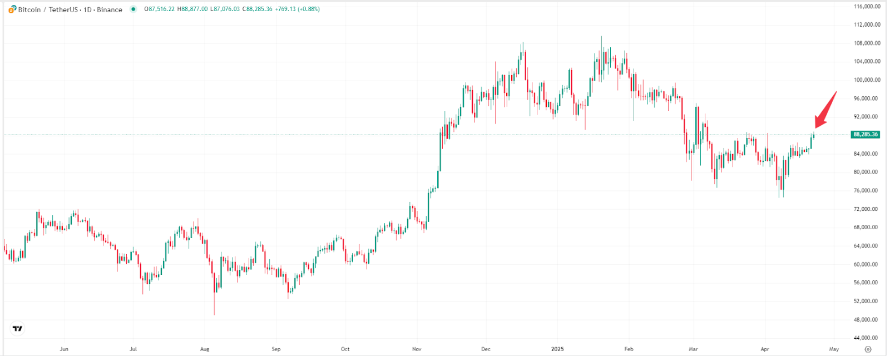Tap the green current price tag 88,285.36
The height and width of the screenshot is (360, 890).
coord(865,135)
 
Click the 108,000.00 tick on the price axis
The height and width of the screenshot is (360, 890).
coord(867,43)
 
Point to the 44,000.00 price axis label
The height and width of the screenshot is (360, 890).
coord(867,338)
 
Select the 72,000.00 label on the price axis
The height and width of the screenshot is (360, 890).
coord(867,209)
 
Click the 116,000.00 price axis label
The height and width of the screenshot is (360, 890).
coord(867,7)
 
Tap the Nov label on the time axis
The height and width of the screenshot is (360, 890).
coord(417,349)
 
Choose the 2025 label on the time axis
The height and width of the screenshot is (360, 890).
coord(557,349)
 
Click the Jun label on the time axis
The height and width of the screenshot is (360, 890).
coord(64,349)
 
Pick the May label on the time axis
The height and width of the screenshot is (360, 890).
coord(834,349)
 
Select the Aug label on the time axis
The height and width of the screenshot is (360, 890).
coord(205,349)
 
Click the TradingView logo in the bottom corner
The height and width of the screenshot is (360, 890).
coord(18,329)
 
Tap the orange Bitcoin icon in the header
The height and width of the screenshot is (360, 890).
coord(12,9)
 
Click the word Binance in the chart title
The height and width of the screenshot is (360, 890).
coord(110,9)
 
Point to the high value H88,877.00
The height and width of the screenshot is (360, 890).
coord(192,9)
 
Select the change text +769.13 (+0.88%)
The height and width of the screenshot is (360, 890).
coord(298,9)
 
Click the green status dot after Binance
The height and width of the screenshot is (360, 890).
coord(133,9)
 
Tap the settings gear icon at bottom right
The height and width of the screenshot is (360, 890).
coord(868,349)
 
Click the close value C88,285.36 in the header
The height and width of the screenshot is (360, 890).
coord(258,9)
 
